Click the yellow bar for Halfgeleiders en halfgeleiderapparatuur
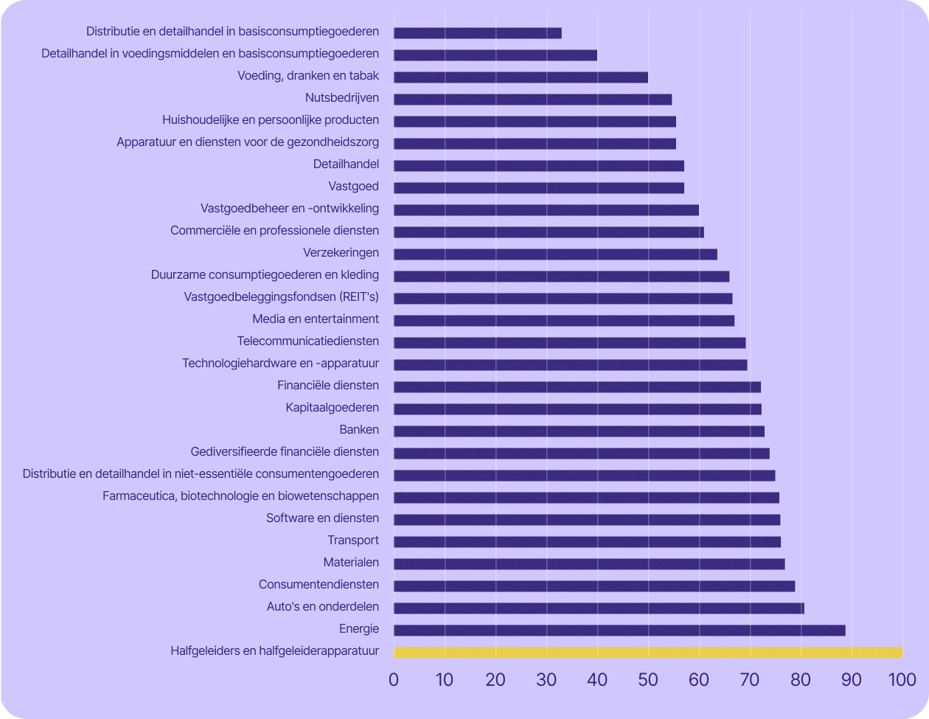click(x=647, y=653)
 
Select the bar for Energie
click(x=619, y=631)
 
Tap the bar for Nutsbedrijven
click(x=532, y=100)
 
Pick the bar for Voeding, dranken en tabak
click(x=521, y=77)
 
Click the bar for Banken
click(x=579, y=431)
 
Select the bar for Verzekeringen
click(x=555, y=254)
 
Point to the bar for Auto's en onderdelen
click(x=599, y=608)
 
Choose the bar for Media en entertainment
click(x=564, y=321)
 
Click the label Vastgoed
click(x=354, y=187)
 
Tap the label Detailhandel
click(x=346, y=164)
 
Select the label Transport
click(x=353, y=541)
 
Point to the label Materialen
click(x=351, y=563)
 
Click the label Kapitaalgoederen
click(x=333, y=408)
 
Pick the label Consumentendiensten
click(x=319, y=585)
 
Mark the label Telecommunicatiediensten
click(x=308, y=341)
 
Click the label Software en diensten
click(x=322, y=518)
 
